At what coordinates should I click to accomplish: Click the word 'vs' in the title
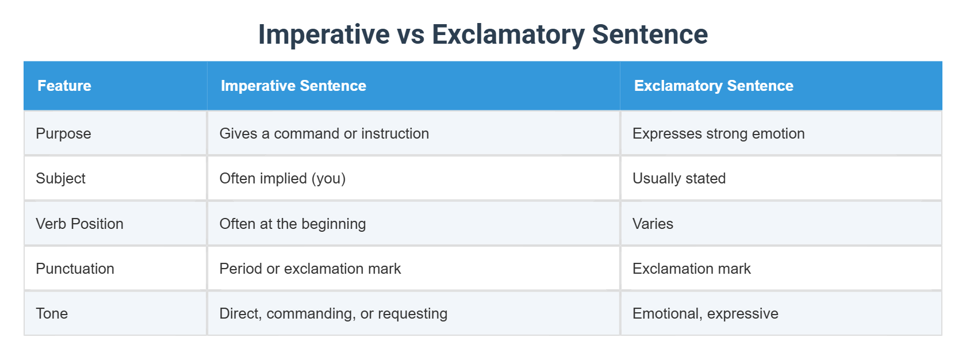pos(411,35)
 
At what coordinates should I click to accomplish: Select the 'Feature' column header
pos(64,86)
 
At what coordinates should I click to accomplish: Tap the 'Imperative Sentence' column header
pos(293,86)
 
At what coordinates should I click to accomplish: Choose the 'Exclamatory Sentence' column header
pos(713,86)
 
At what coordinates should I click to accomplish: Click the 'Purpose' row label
pos(63,133)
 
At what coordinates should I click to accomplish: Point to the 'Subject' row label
pos(60,178)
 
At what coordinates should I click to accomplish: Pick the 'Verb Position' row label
pos(79,224)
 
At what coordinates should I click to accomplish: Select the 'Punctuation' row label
pos(75,269)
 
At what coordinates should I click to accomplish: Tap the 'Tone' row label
pos(52,313)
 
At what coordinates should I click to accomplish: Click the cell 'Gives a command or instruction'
pos(324,133)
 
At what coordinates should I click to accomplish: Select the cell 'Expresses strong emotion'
pos(718,133)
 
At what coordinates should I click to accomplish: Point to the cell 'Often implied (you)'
pos(282,178)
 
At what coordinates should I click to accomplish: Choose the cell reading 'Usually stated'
pos(678,178)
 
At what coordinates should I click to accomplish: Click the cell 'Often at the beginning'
pos(292,224)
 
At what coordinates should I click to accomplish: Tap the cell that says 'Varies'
pos(653,224)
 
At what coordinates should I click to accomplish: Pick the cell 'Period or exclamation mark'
pos(310,269)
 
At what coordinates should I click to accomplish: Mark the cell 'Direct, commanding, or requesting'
pos(333,313)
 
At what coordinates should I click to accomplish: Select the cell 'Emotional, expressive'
pos(705,313)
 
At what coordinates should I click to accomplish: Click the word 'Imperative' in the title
pos(324,35)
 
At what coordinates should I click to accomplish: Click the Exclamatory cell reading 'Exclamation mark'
pos(691,269)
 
